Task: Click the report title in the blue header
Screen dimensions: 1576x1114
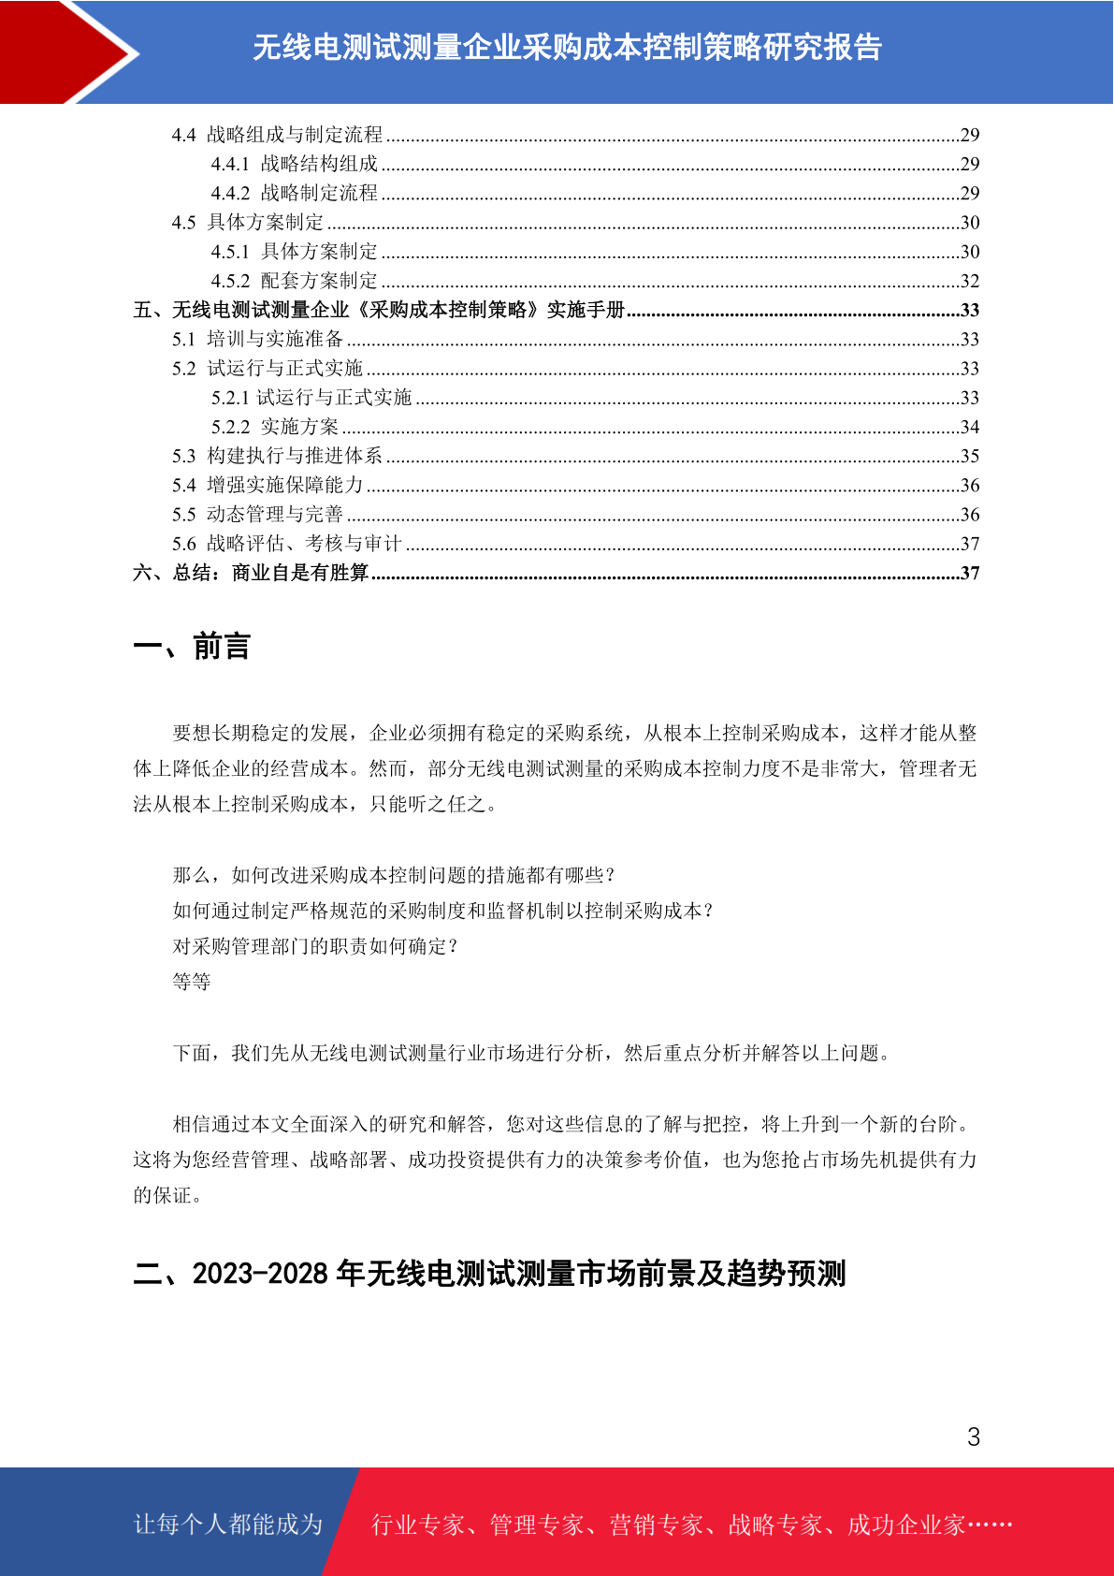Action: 567,47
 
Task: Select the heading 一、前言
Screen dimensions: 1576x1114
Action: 192,647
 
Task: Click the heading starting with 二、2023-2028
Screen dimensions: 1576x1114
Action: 489,1274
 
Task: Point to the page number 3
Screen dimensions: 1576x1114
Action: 974,1437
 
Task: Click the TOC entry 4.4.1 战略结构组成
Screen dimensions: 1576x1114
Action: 295,164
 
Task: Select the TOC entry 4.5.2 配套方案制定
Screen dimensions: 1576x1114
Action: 295,281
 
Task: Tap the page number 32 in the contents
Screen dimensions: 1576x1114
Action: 970,281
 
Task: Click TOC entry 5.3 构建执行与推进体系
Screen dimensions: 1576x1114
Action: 277,456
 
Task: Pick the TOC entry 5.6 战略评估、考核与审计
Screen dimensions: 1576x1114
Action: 286,544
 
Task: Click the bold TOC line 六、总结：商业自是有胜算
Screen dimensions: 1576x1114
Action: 251,573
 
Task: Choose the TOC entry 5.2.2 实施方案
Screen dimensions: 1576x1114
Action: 275,427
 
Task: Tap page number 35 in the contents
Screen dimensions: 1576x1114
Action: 970,456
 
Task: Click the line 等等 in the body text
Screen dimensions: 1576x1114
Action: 192,982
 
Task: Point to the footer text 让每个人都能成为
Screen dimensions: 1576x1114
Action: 228,1525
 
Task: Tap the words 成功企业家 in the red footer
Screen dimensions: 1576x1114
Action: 905,1525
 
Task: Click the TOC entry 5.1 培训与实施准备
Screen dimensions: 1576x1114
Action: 258,339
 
